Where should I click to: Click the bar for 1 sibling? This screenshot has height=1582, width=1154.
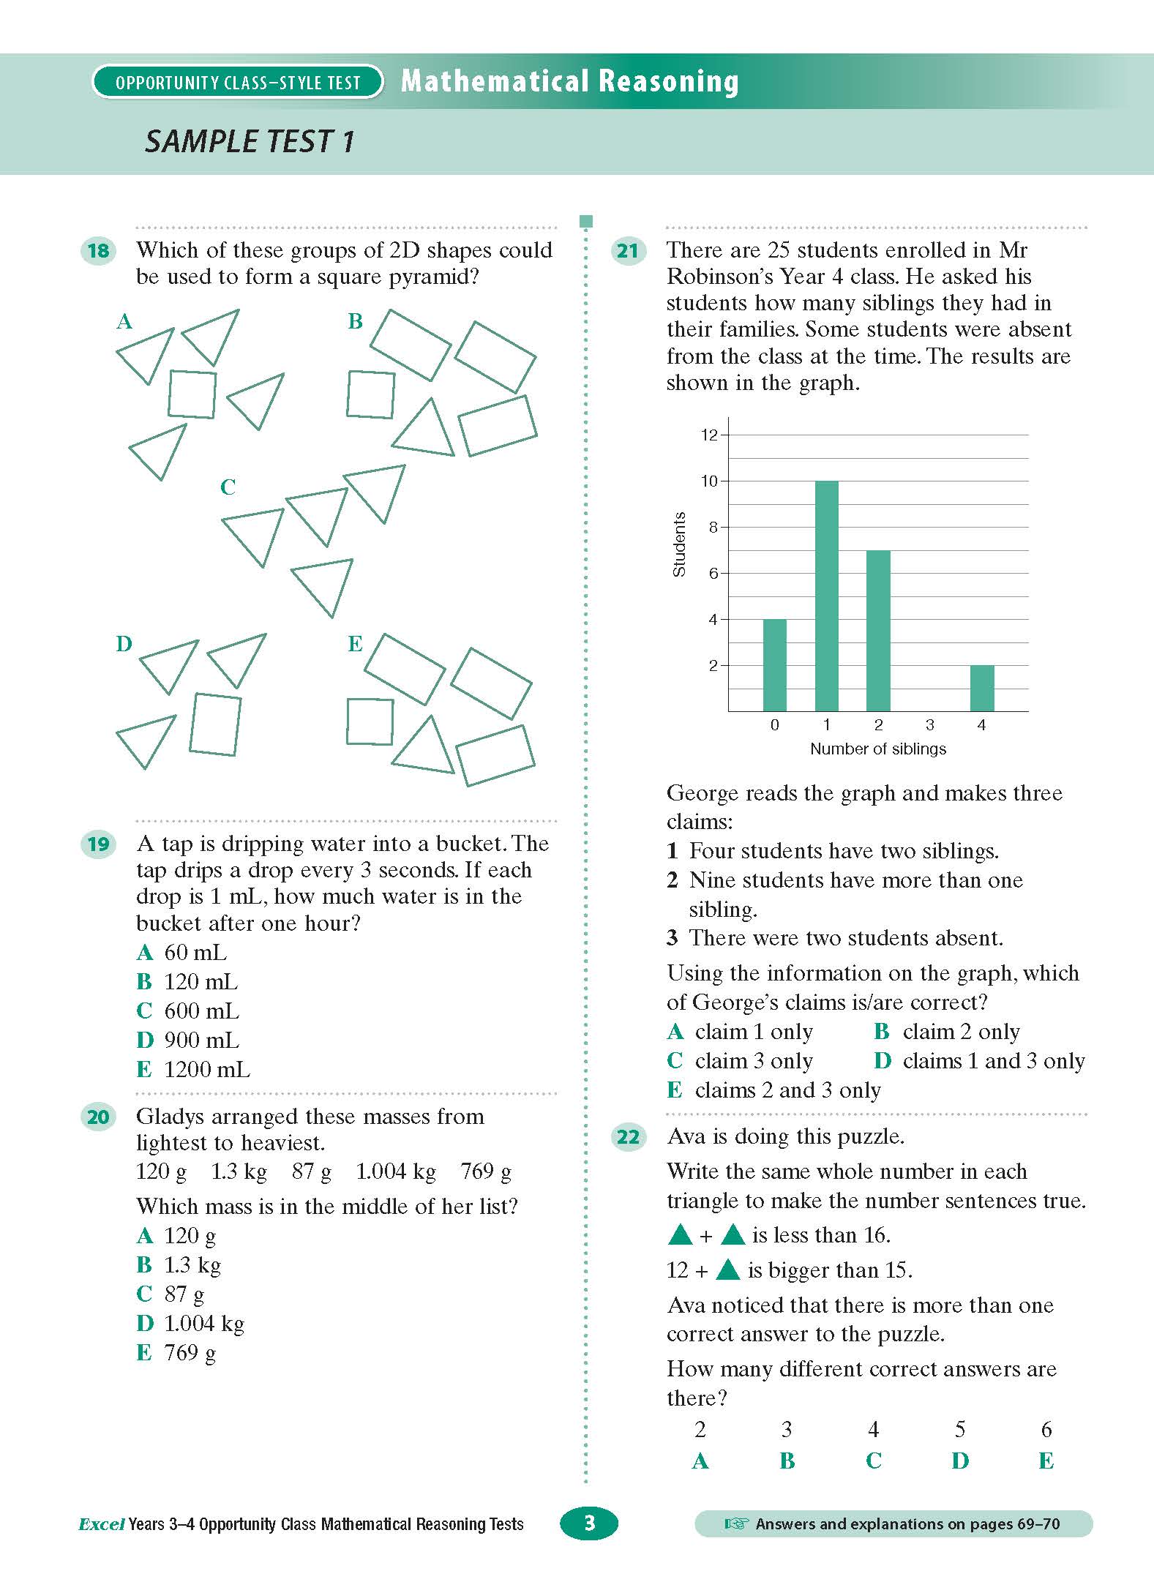point(826,596)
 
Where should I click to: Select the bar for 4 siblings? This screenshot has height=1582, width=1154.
point(982,688)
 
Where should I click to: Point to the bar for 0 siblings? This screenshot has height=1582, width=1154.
point(774,665)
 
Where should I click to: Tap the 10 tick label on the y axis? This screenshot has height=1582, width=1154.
point(709,481)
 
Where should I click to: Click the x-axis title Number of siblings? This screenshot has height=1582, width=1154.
point(877,749)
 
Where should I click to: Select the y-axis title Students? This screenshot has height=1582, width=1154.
point(678,544)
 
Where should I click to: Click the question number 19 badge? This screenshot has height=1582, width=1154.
point(98,844)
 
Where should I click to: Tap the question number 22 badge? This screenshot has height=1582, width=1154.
point(628,1137)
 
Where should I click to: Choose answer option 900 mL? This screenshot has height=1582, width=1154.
point(188,1040)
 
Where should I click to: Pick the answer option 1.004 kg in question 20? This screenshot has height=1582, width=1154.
point(191,1323)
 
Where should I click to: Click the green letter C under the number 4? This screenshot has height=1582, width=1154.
point(873,1461)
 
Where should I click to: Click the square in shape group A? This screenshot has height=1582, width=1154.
point(192,394)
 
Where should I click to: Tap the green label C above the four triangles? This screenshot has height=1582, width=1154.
point(228,487)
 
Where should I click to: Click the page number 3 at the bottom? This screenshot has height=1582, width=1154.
point(589,1523)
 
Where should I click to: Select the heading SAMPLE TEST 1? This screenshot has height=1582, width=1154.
point(249,142)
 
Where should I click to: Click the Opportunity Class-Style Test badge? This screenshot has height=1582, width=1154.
point(238,82)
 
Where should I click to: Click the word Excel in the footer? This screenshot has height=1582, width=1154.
point(101,1525)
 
